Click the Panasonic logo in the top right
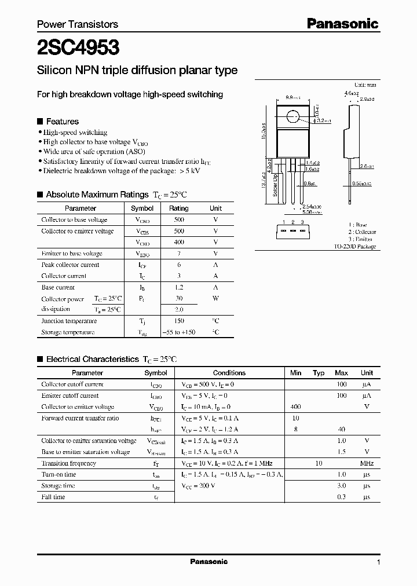tap(342, 24)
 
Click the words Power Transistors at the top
tap(78, 24)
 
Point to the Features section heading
tap(62, 122)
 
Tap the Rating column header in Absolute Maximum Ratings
tap(178, 208)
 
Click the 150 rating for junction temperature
tap(178, 321)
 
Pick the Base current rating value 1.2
tap(178, 287)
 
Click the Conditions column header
tap(229, 373)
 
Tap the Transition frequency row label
tap(69, 463)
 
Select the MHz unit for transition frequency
tap(367, 463)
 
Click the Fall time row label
tap(53, 497)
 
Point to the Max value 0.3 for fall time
tap(342, 497)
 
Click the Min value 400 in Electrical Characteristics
tap(295, 407)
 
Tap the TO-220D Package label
tap(355, 247)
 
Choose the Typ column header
tap(319, 373)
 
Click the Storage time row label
tap(58, 486)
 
